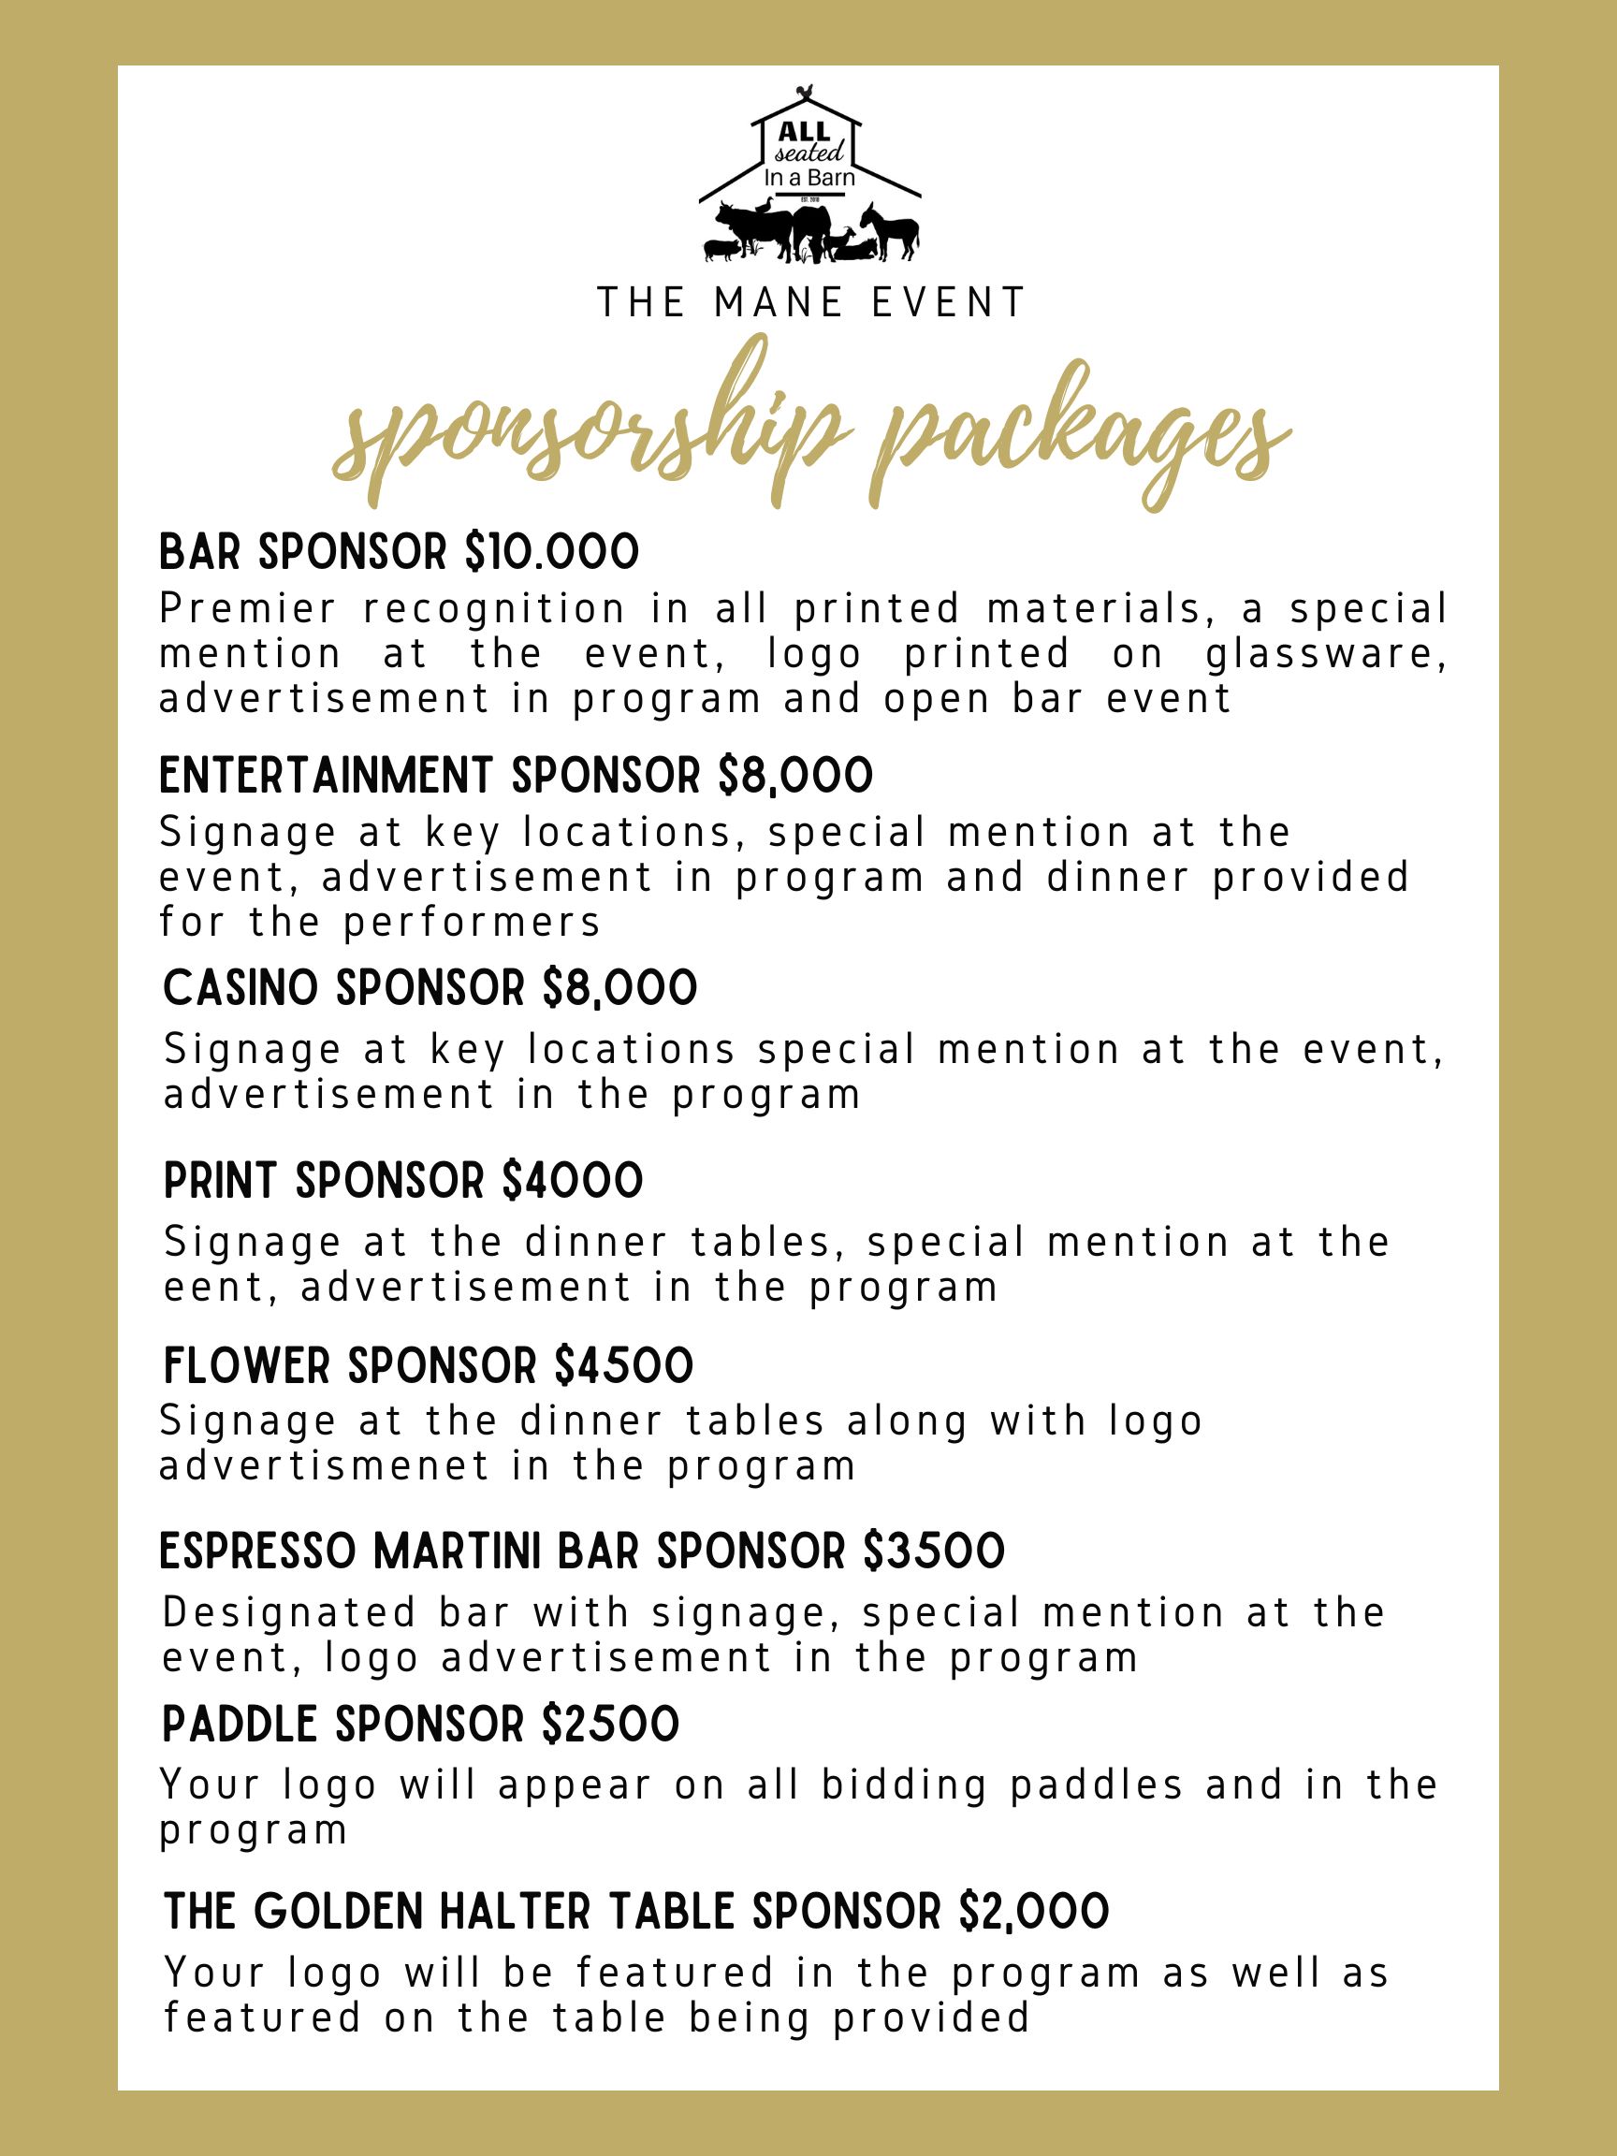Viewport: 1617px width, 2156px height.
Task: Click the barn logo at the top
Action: (x=809, y=175)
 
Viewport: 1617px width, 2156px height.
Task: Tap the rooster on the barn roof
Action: (x=805, y=94)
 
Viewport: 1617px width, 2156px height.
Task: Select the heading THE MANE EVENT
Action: (x=812, y=303)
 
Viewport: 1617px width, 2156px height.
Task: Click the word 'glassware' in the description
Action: (x=1326, y=654)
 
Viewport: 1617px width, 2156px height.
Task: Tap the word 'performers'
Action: (x=472, y=922)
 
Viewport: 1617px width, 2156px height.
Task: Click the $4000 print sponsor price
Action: (x=573, y=1181)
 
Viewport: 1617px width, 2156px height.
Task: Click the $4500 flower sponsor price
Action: (x=624, y=1365)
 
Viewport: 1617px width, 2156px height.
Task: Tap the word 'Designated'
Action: (x=289, y=1613)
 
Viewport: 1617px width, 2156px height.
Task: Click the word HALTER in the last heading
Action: (x=511, y=1912)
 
